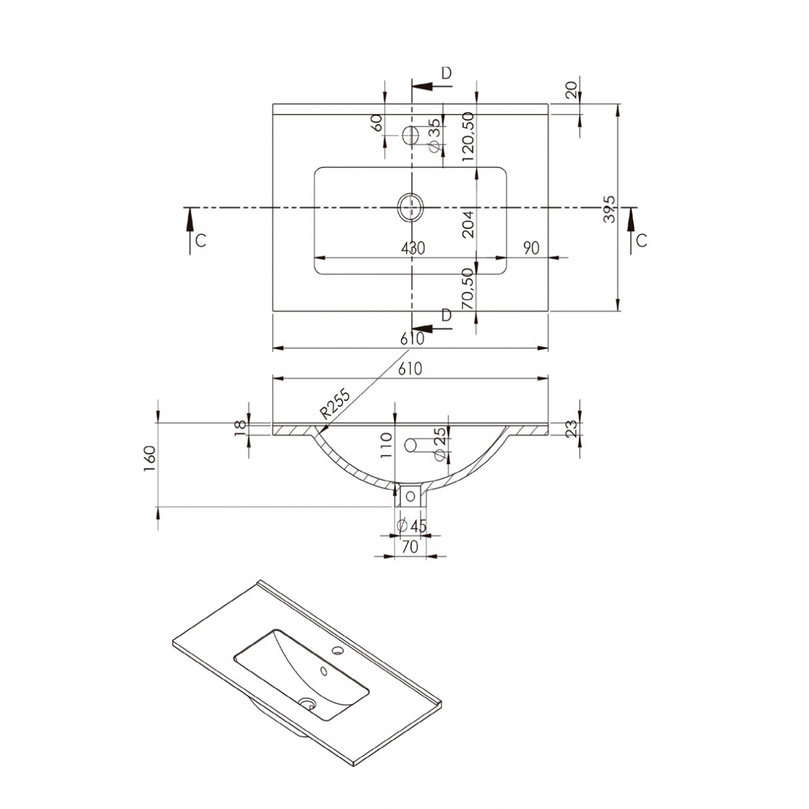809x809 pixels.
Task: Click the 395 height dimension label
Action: coord(609,210)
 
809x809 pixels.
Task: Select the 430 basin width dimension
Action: coord(413,248)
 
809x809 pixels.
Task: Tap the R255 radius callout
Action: coord(335,405)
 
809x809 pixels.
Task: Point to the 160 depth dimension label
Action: coord(150,458)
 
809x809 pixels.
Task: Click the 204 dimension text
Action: coord(469,224)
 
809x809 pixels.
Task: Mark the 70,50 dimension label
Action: coord(469,289)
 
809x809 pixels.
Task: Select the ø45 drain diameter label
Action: coord(412,527)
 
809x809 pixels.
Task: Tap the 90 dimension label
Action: coord(531,248)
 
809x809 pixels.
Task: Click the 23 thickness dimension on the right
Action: coord(570,429)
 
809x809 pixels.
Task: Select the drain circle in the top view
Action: coord(410,207)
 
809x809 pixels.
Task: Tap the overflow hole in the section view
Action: coord(410,445)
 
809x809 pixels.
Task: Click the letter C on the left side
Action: coord(200,241)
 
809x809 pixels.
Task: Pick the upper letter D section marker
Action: coord(446,73)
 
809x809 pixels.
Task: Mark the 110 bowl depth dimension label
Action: coord(386,446)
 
